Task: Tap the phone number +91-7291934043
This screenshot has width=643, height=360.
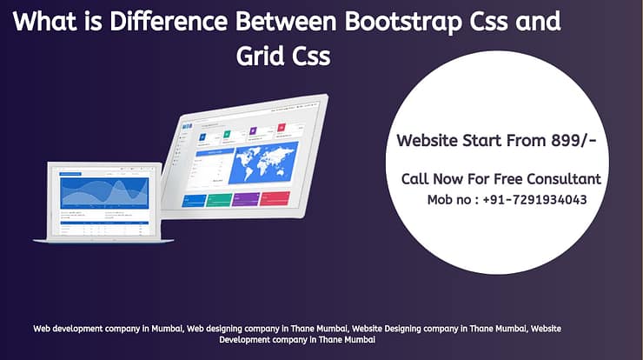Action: point(531,199)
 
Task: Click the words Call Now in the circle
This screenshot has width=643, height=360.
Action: point(430,179)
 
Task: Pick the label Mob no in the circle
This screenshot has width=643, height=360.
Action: point(449,199)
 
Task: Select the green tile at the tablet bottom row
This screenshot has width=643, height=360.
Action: point(221,200)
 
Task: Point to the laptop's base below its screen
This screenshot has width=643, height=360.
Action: point(103,240)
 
